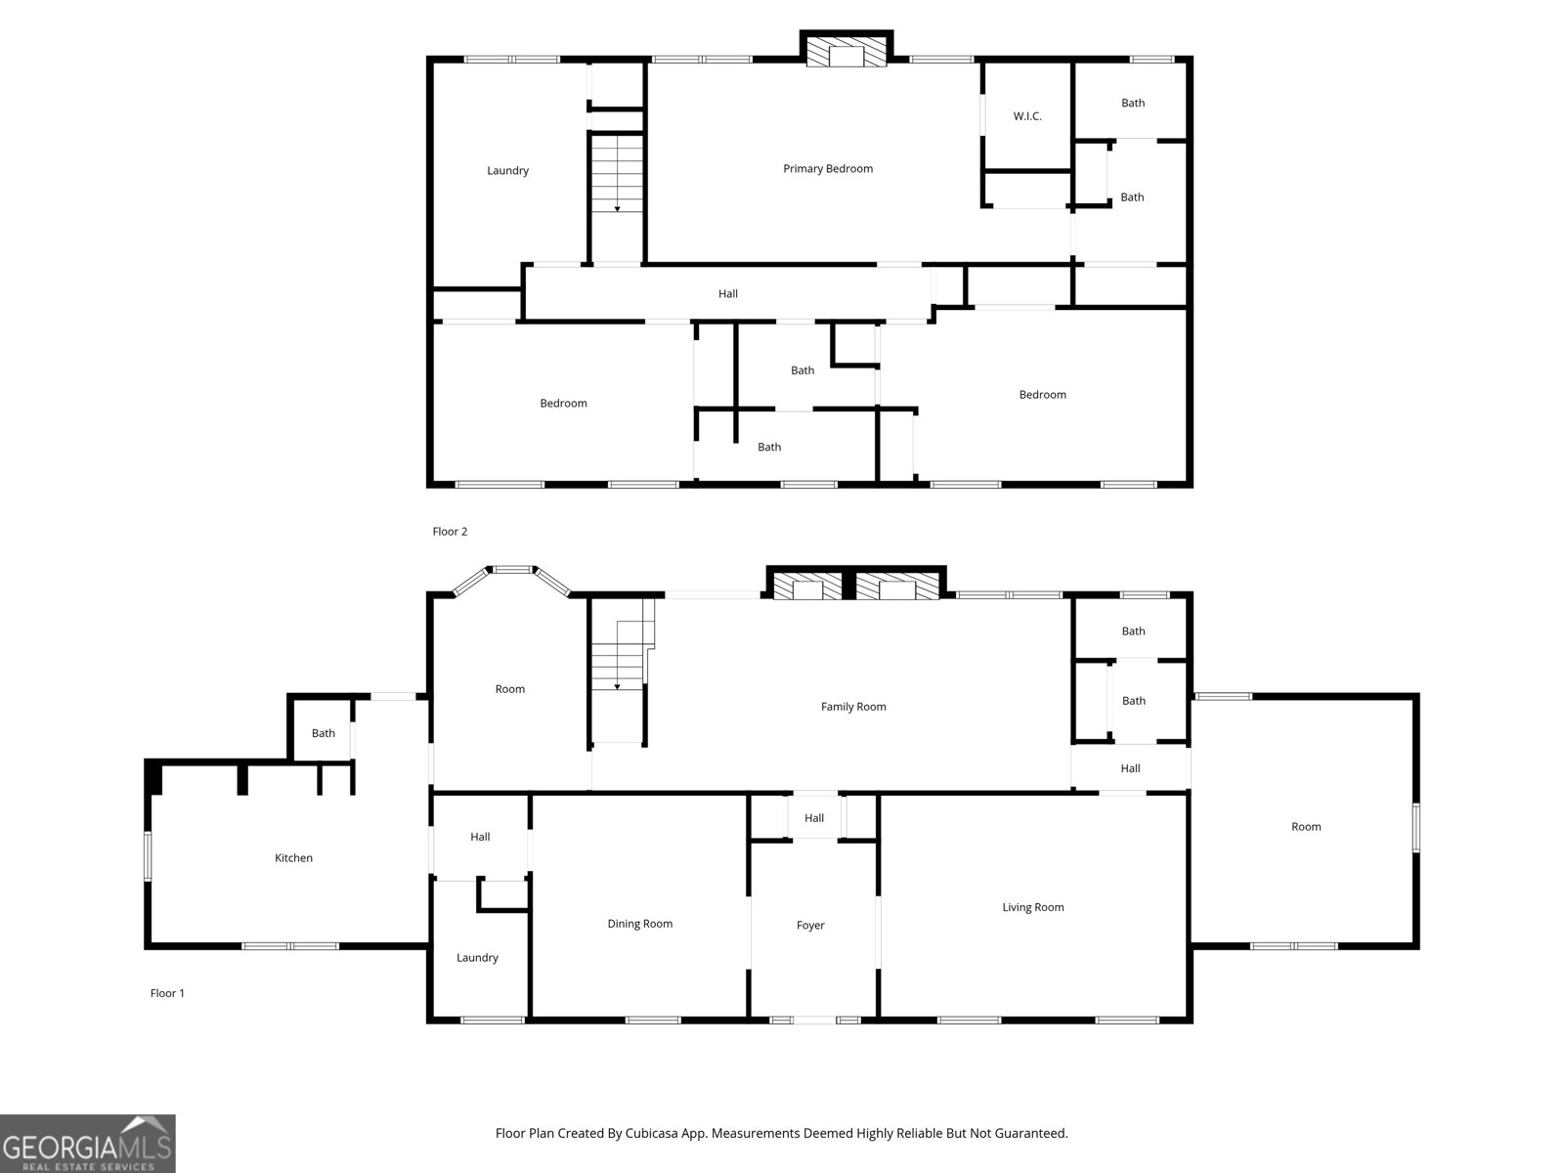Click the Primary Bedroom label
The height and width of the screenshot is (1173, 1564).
pyautogui.click(x=827, y=169)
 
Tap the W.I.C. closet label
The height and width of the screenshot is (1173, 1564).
pyautogui.click(x=1026, y=116)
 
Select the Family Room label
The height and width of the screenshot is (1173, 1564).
pyautogui.click(x=853, y=707)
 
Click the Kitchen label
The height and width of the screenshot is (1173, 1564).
pyautogui.click(x=293, y=857)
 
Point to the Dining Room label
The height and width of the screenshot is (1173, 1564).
pyautogui.click(x=640, y=924)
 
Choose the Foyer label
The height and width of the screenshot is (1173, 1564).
pyautogui.click(x=810, y=925)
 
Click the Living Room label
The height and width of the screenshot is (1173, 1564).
pyautogui.click(x=1033, y=907)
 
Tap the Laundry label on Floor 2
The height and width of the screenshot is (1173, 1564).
pyautogui.click(x=507, y=171)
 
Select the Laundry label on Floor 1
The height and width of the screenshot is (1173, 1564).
pyautogui.click(x=477, y=958)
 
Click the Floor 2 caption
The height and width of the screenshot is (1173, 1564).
pyautogui.click(x=450, y=532)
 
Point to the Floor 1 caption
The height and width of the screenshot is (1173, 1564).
pyautogui.click(x=167, y=993)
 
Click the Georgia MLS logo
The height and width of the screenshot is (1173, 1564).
pyautogui.click(x=88, y=1144)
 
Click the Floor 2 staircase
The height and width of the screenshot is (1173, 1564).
pyautogui.click(x=617, y=173)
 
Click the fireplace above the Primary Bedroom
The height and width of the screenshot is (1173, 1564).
pyautogui.click(x=847, y=50)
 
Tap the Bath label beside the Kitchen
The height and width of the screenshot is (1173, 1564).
pyautogui.click(x=324, y=733)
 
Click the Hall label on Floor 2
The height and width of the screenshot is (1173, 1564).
pyautogui.click(x=727, y=293)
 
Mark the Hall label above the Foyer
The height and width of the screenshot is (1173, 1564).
pyautogui.click(x=813, y=818)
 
